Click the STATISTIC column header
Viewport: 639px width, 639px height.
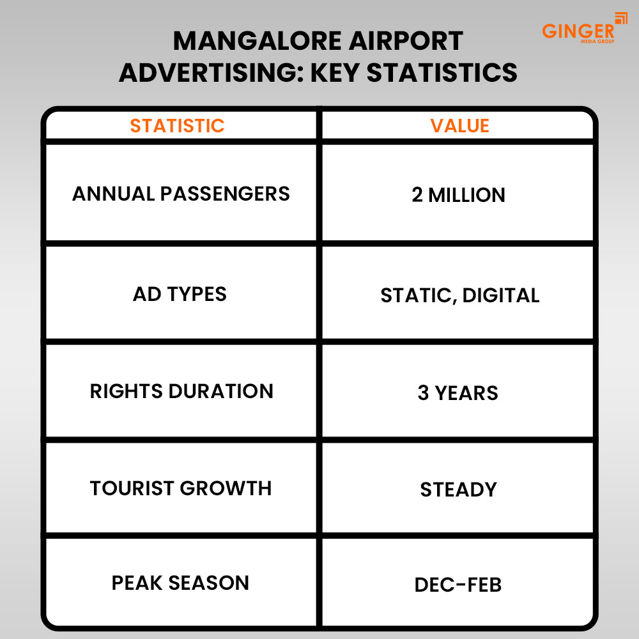coord(177,126)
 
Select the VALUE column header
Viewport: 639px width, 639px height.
coord(459,126)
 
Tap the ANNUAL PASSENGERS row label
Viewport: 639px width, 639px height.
coord(181,194)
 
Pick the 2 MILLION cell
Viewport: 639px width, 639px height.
coord(458,195)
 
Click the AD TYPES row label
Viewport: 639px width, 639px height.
coord(180,294)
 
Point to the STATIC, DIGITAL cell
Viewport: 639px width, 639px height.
coord(459,295)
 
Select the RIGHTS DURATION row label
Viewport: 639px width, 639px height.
coord(181,391)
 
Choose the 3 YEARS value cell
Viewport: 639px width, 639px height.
coord(458,393)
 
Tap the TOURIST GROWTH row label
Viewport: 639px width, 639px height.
coord(181,488)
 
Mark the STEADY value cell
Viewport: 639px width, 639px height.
coord(458,490)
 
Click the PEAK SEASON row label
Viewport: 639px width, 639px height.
coord(180,583)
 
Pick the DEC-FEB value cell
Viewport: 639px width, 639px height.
coord(458,585)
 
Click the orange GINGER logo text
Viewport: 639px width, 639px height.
coord(578,31)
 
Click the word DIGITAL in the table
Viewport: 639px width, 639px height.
coord(501,295)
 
